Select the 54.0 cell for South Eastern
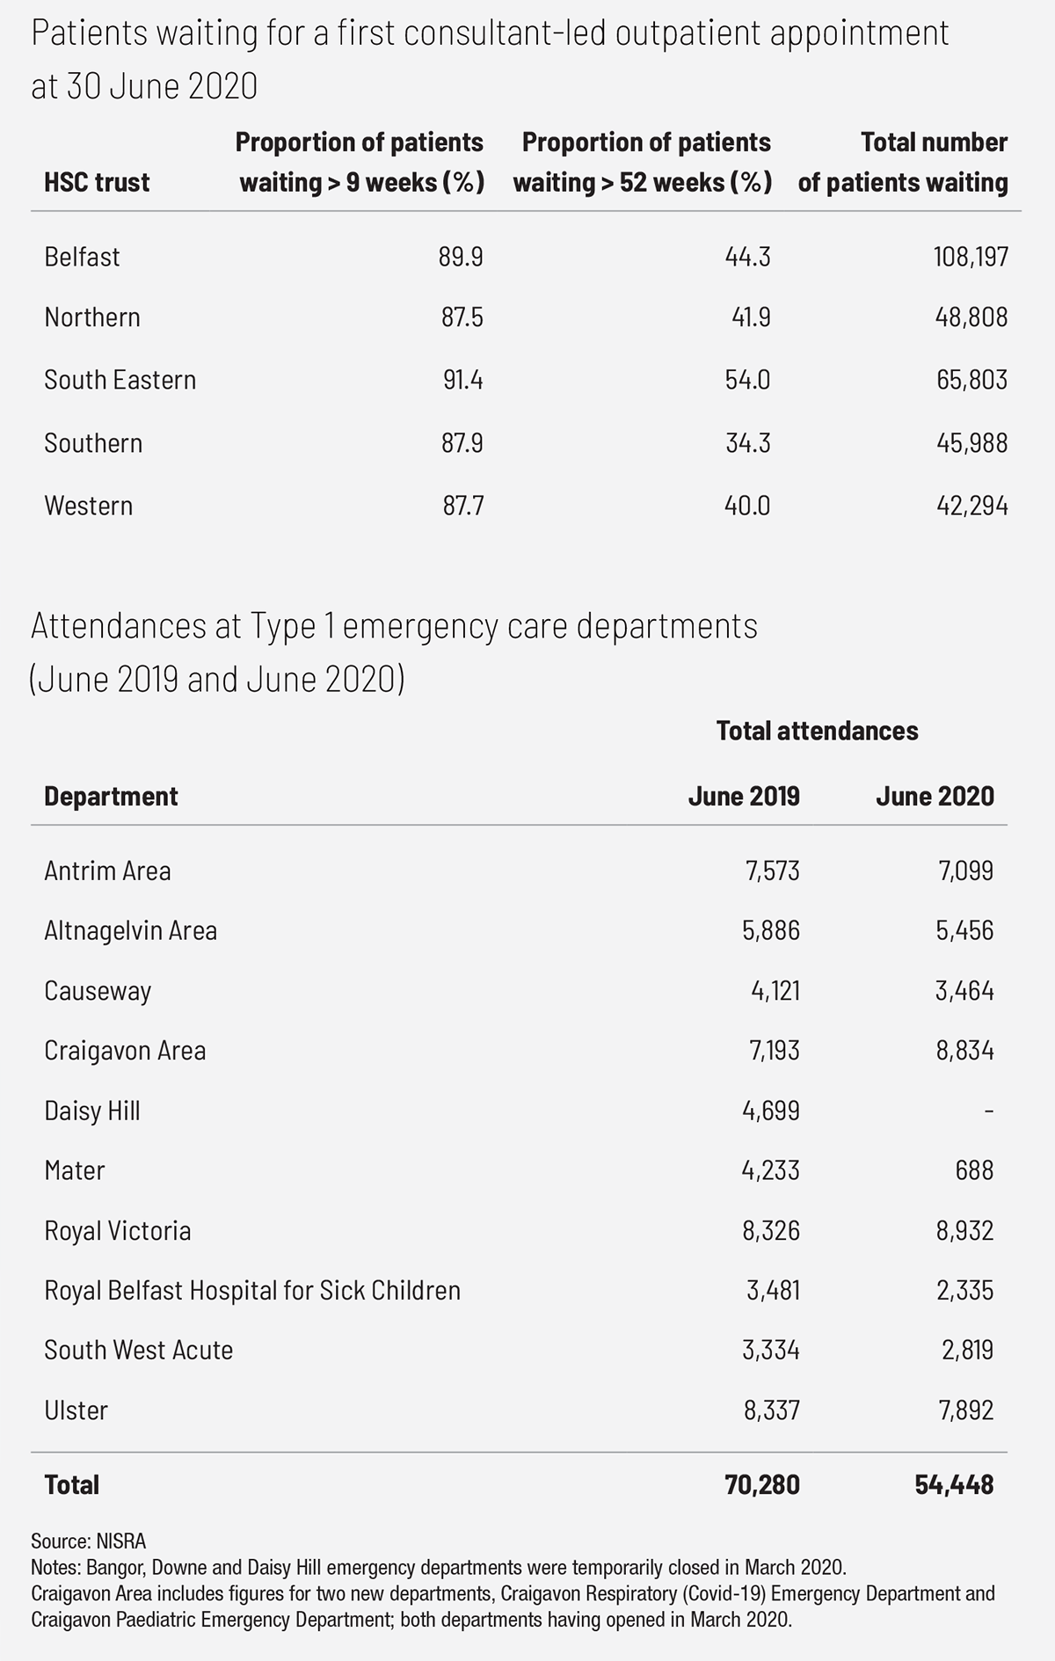[x=747, y=380]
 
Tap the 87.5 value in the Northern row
[x=462, y=317]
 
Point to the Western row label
[x=89, y=506]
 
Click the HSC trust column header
[x=97, y=183]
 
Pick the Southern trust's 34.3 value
[x=747, y=443]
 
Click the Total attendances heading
[x=817, y=731]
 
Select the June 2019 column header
[x=744, y=797]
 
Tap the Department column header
[x=111, y=797]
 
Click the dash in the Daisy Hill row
[x=989, y=1111]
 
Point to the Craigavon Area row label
[x=125, y=1051]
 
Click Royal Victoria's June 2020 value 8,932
[x=965, y=1231]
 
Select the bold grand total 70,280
[x=762, y=1485]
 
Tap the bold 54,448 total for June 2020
[x=954, y=1485]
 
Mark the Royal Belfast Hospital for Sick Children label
[x=252, y=1291]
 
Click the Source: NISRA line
[x=88, y=1541]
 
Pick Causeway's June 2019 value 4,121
[x=771, y=991]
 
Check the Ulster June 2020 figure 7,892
[x=965, y=1411]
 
